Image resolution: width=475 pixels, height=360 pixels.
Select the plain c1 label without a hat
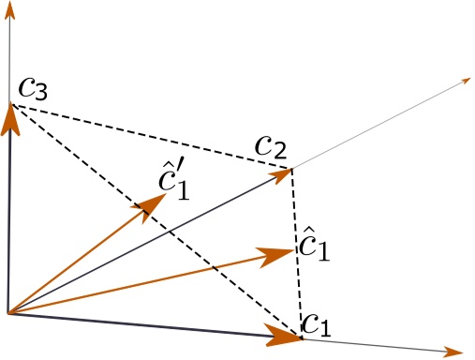[316, 324]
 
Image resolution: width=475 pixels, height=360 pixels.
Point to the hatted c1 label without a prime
[314, 247]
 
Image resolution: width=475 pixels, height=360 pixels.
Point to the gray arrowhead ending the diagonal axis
[463, 82]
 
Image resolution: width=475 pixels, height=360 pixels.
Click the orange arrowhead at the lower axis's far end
[455, 352]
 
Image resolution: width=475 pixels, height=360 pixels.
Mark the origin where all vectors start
[9, 313]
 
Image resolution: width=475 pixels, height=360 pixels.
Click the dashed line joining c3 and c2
[150, 137]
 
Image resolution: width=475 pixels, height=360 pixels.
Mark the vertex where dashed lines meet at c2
[291, 170]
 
